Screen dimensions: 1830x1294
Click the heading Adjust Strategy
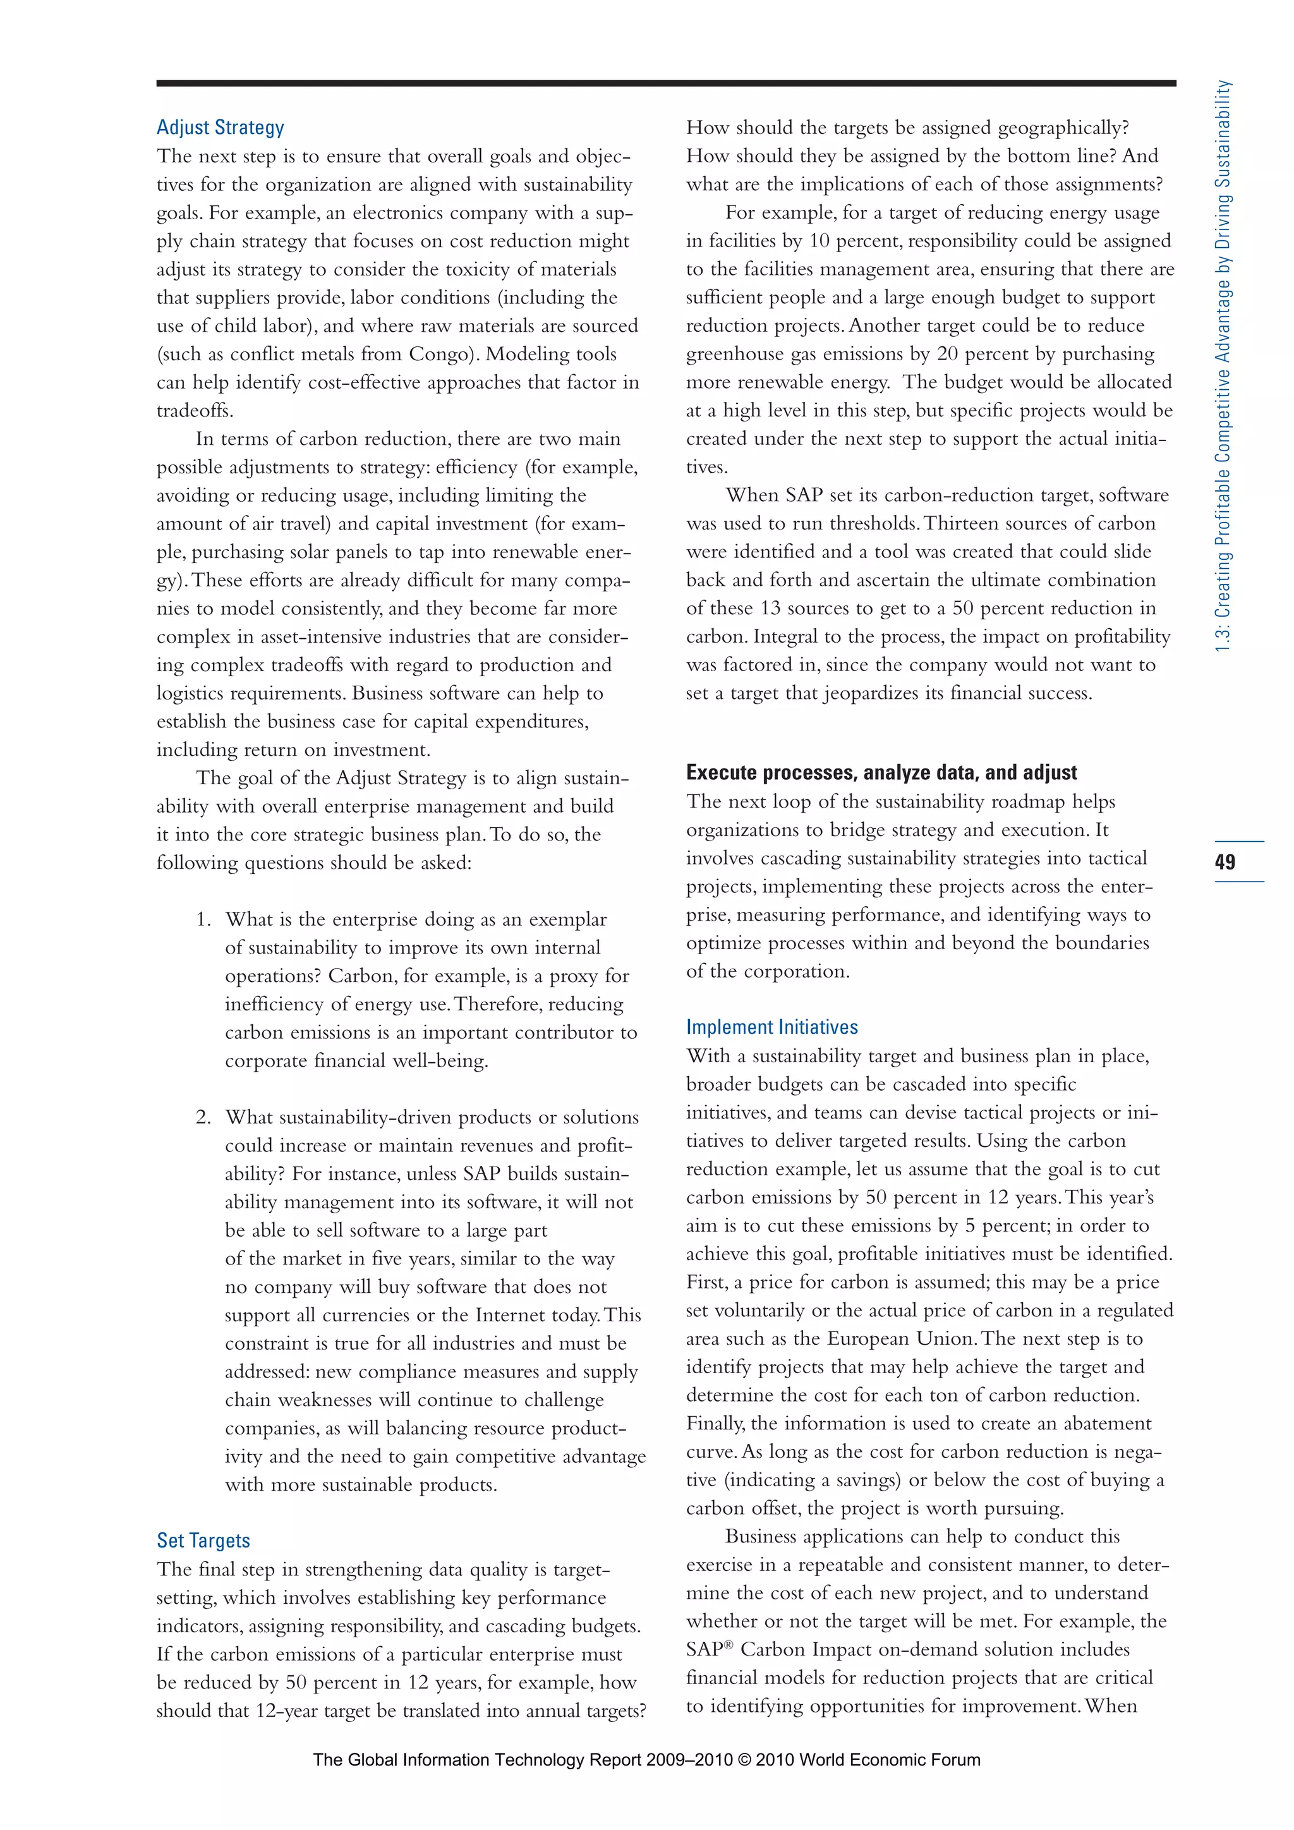pyautogui.click(x=220, y=128)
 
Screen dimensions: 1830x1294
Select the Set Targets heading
pyautogui.click(x=203, y=1540)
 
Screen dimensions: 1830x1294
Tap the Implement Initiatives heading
pyautogui.click(x=771, y=1027)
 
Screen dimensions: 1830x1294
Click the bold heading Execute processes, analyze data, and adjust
pyautogui.click(x=881, y=772)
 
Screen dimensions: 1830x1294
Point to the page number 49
pyautogui.click(x=1226, y=861)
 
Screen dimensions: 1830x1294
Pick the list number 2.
pyautogui.click(x=203, y=1117)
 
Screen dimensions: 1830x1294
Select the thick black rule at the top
pyautogui.click(x=666, y=83)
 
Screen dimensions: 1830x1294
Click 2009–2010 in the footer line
pyautogui.click(x=689, y=1760)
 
